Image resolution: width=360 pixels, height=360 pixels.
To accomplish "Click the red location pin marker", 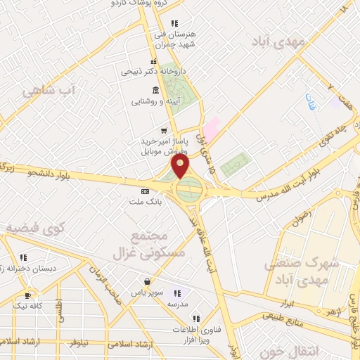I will [181, 167].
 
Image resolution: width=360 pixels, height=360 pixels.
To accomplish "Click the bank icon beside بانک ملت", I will [146, 191].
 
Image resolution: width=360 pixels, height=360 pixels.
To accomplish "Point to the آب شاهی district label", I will [49, 91].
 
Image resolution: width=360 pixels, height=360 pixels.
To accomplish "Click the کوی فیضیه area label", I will [35, 229].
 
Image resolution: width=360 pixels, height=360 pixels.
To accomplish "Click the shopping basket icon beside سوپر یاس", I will [147, 281].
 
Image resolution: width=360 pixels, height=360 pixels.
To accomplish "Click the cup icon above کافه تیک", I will [28, 295].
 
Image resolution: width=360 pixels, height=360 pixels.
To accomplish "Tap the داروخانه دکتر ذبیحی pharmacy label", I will [143, 71].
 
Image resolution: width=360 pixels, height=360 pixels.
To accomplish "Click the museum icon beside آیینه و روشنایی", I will [155, 89].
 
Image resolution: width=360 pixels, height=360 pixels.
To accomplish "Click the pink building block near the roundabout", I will [210, 127].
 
